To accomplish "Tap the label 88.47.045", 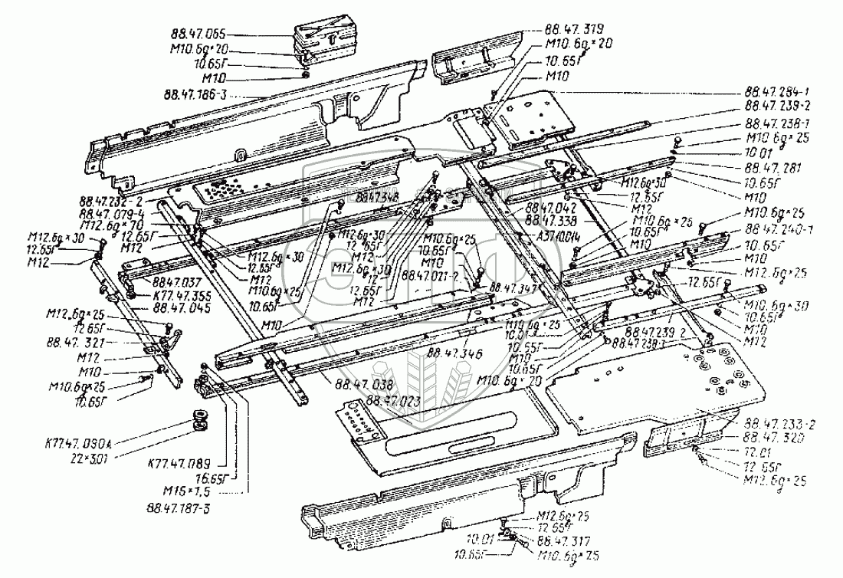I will [x=180, y=307].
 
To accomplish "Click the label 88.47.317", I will [x=559, y=539].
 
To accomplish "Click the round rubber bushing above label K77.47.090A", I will [x=202, y=420].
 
